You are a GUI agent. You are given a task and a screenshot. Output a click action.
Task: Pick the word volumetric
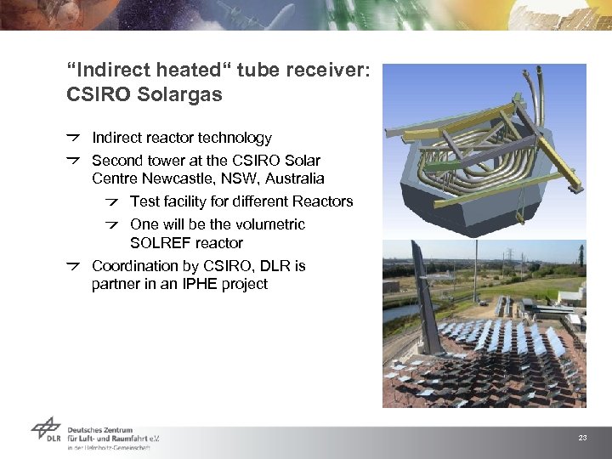[271, 224]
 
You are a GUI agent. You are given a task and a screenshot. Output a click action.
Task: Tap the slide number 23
[582, 438]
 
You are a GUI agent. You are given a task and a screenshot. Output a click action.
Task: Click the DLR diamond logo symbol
[46, 431]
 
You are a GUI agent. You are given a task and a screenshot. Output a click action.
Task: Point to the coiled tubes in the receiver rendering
[476, 153]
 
